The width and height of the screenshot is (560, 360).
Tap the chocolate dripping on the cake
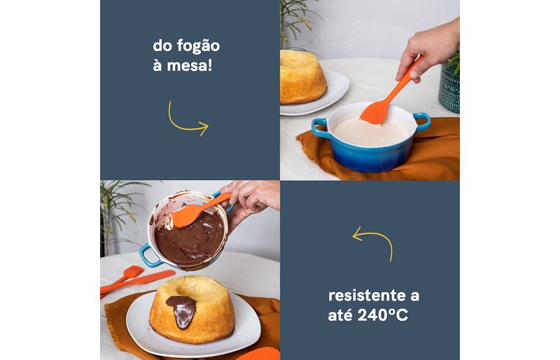point(182,311)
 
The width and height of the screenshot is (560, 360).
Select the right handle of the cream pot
point(423,122)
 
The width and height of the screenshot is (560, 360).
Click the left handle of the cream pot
point(319,128)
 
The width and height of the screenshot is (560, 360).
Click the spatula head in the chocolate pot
point(187,216)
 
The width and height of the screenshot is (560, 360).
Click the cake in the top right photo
point(302,77)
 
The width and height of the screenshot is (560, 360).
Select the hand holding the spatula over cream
point(428,48)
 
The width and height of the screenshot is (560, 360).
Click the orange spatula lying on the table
point(137,281)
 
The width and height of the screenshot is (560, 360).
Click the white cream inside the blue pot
point(370,132)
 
